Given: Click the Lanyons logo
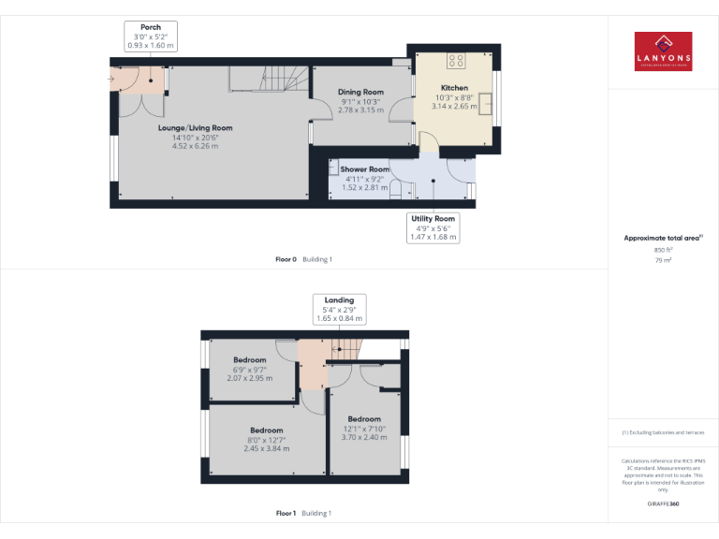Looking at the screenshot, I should pyautogui.click(x=663, y=52).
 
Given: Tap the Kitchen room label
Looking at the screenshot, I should pyautogui.click(x=454, y=88).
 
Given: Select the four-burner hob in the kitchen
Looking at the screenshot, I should pyautogui.click(x=456, y=61).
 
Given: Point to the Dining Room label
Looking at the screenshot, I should pyautogui.click(x=360, y=92).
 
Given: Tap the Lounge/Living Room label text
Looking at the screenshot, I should pyautogui.click(x=195, y=127).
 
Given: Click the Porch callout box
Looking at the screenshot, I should pyautogui.click(x=151, y=36).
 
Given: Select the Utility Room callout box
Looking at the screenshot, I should pyautogui.click(x=433, y=227).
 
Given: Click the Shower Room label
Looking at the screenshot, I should pyautogui.click(x=364, y=169).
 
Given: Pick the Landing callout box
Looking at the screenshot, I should pyautogui.click(x=339, y=309).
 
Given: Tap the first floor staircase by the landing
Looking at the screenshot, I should pyautogui.click(x=345, y=352).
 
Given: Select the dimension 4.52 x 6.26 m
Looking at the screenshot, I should pyautogui.click(x=195, y=146).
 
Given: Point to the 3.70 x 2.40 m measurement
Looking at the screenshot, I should pyautogui.click(x=364, y=437).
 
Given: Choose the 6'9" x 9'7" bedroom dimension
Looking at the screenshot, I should pyautogui.click(x=250, y=369).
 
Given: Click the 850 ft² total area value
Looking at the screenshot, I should pyautogui.click(x=663, y=250).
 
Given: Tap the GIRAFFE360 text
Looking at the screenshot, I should pyautogui.click(x=663, y=504).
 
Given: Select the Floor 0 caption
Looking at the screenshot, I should pyautogui.click(x=286, y=258).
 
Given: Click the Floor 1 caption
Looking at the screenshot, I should pyautogui.click(x=286, y=513).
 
